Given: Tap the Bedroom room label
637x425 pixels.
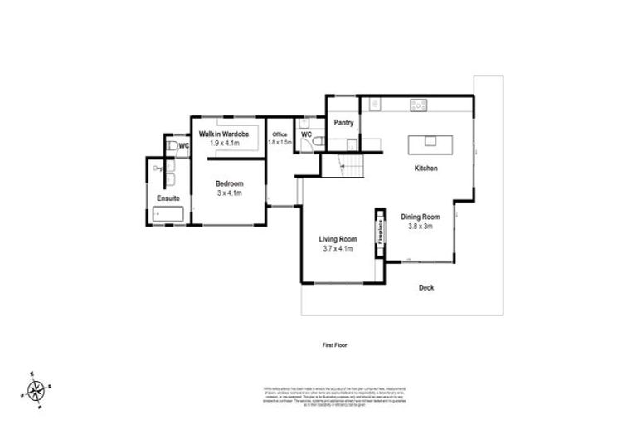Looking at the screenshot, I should (229, 183).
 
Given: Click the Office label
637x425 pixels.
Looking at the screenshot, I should (280, 134).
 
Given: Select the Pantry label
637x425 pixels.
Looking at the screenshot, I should (343, 123).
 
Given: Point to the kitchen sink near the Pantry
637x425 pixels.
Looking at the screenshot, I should (374, 105).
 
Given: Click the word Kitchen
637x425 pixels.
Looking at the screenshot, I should (426, 169).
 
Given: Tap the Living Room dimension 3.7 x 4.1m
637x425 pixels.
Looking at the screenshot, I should (338, 248).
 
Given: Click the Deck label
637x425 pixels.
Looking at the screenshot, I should (426, 288).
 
